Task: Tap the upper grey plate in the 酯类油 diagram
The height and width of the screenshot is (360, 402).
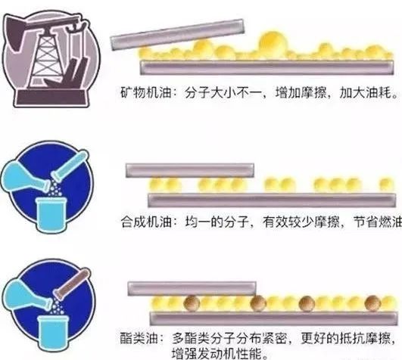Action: point(189,287)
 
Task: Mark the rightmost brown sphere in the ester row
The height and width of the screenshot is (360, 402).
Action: point(372,303)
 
